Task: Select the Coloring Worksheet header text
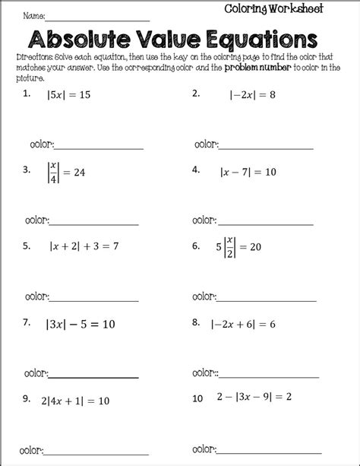tap(273, 8)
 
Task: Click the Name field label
tap(33, 15)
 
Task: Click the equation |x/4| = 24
tap(66, 172)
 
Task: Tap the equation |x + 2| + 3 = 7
tap(84, 246)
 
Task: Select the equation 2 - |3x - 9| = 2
tap(259, 397)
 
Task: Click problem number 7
tap(26, 322)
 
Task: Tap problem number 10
tap(197, 398)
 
